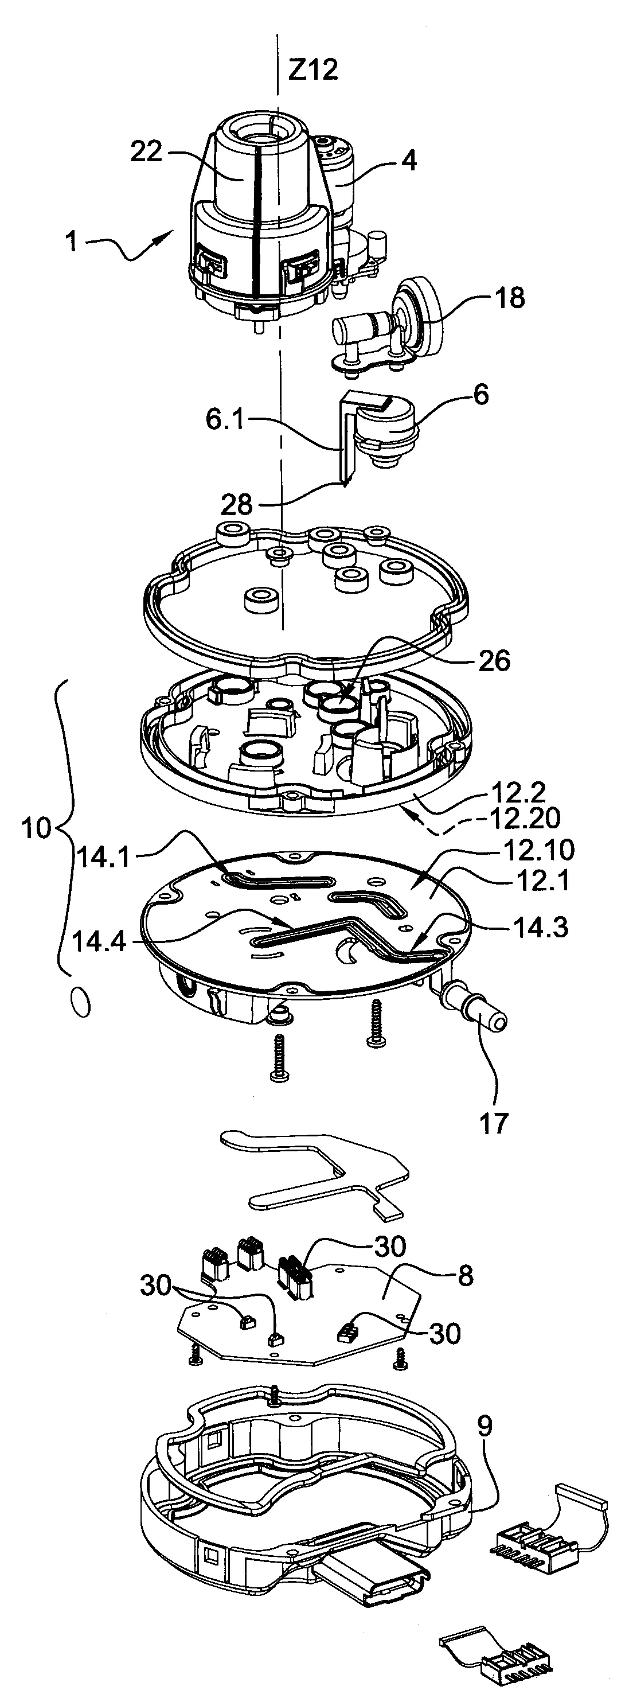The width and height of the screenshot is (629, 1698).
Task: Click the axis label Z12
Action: point(313,69)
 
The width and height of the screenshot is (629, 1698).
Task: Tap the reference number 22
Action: point(146,151)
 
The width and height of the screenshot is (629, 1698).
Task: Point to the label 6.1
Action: point(225,419)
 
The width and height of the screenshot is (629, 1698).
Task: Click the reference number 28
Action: point(236,504)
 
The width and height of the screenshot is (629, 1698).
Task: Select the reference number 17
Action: point(493,1123)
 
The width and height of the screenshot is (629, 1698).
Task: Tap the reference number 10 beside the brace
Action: point(36,828)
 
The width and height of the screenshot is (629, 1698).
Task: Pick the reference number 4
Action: point(409,161)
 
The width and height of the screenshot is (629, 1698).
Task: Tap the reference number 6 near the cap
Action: point(482,395)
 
